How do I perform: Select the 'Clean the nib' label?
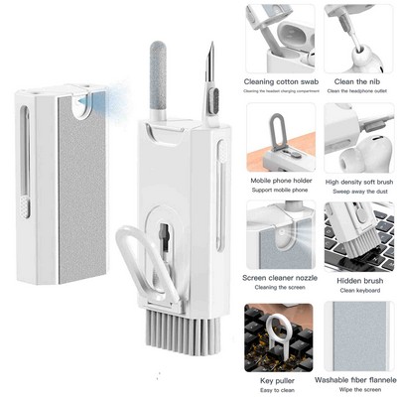[x=357, y=82]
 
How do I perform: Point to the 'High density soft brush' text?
[x=357, y=182]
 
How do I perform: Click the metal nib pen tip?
[x=209, y=60]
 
